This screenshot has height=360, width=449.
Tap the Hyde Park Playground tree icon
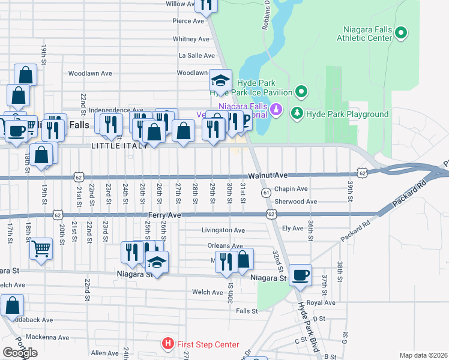click(297, 113)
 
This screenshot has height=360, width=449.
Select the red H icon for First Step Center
click(168, 344)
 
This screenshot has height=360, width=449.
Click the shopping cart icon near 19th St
click(41, 247)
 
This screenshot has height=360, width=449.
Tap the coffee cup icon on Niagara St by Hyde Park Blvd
click(300, 275)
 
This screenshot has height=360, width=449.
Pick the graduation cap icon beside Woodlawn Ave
click(220, 80)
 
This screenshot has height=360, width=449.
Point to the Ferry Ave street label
click(165, 214)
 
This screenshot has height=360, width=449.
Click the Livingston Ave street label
click(223, 230)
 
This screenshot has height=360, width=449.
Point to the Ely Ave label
click(293, 228)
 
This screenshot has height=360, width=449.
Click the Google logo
click(20, 353)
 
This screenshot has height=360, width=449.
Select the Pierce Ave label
click(189, 20)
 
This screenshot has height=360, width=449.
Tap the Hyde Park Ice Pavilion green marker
click(301, 92)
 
